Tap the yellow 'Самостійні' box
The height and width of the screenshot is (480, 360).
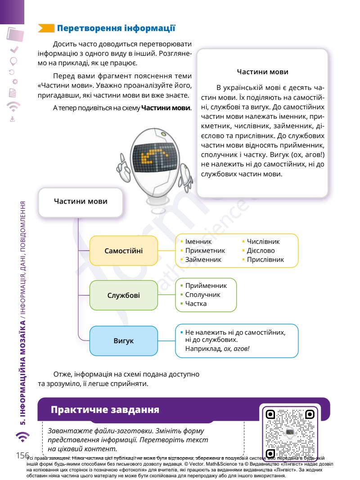click(124, 250)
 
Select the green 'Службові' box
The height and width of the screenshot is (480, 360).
click(124, 296)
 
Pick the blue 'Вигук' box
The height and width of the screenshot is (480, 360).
click(124, 341)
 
